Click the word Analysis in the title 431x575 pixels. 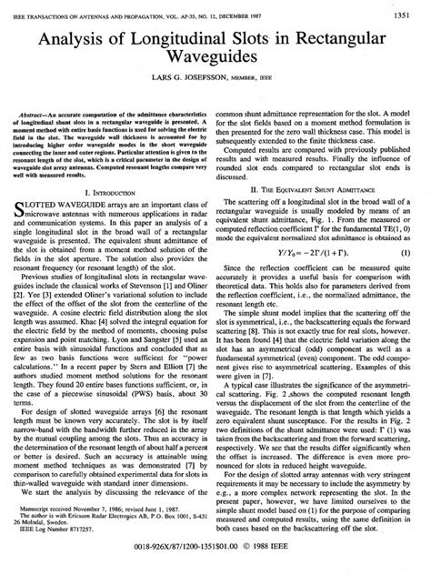(x=99, y=40)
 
